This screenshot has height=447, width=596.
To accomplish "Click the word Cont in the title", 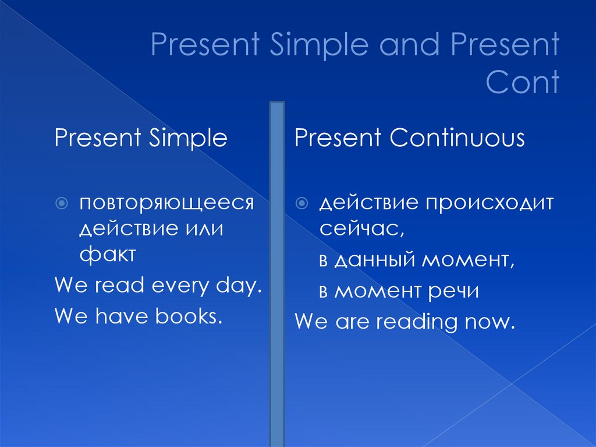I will (523, 82).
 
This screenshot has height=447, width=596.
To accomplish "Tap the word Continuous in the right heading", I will (457, 139).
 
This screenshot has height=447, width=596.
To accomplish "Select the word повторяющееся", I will (167, 203).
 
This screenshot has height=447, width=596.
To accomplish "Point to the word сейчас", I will (360, 228).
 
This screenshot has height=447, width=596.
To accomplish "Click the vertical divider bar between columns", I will (277, 274).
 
